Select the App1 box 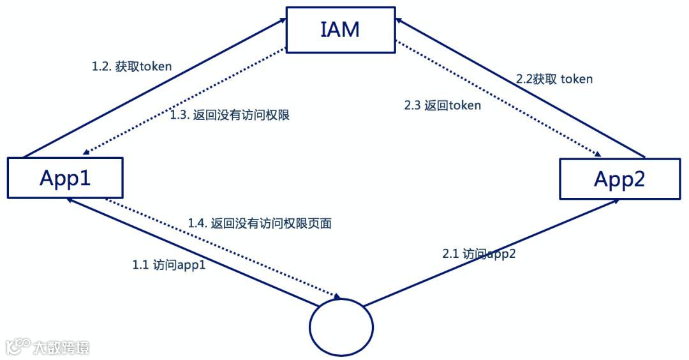tap(65, 177)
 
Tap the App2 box tap(619, 179)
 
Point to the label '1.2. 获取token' tap(132, 67)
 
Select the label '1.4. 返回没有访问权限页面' tap(260, 223)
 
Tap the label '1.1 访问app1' tap(168, 264)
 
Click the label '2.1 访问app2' tap(479, 253)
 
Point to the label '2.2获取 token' tap(554, 79)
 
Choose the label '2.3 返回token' tap(443, 105)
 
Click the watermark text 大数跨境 tap(62, 347)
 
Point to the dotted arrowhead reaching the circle tap(336, 296)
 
